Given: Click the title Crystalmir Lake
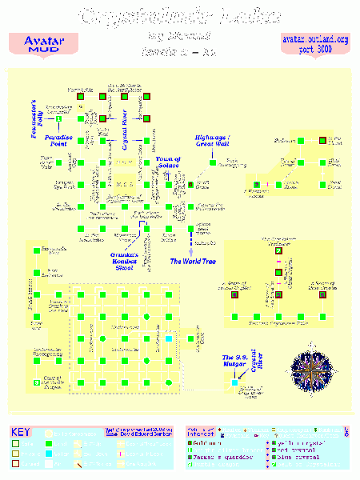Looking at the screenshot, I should (x=180, y=17).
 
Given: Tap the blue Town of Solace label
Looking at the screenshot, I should (x=168, y=162).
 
